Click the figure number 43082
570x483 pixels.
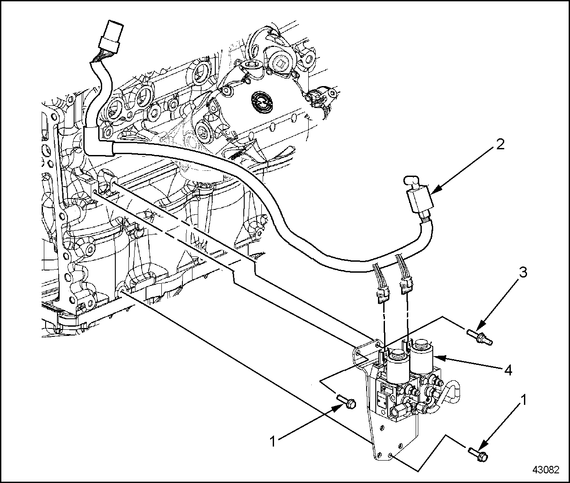546,470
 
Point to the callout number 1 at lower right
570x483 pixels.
523,400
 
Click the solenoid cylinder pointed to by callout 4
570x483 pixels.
421,357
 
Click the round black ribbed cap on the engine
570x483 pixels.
262,102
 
